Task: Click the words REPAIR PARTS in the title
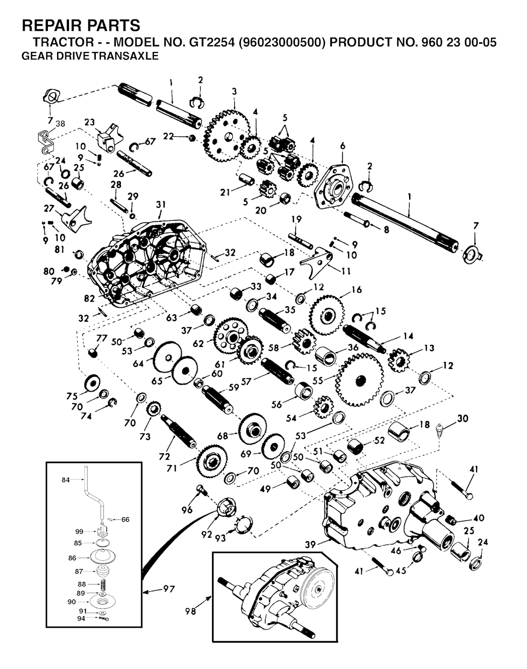coord(81,25)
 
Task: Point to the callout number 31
coord(161,204)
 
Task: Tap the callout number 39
coord(310,544)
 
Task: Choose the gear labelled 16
coord(327,315)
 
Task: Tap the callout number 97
coord(169,589)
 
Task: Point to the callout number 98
coord(190,611)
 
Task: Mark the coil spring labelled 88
coord(101,585)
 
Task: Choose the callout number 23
coord(90,122)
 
